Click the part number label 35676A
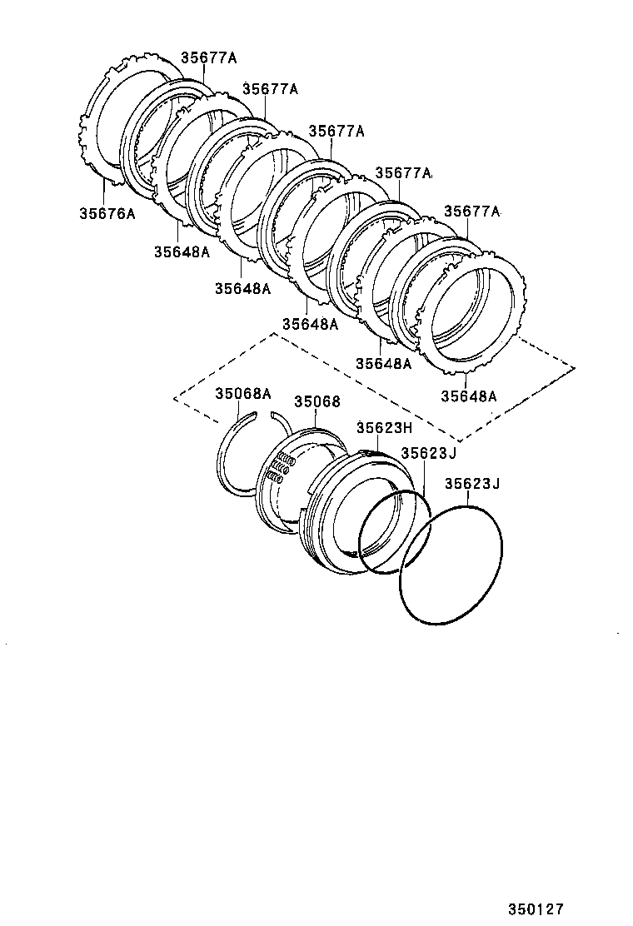107,214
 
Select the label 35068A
243,393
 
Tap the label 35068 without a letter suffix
316,401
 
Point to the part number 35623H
384,428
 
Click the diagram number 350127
541,910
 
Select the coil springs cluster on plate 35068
278,468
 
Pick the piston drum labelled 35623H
350,516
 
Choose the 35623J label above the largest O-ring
471,484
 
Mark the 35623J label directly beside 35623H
429,453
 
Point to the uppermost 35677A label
209,57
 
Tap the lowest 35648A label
468,396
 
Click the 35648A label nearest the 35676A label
182,251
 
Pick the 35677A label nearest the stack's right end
471,212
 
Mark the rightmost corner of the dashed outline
575,367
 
